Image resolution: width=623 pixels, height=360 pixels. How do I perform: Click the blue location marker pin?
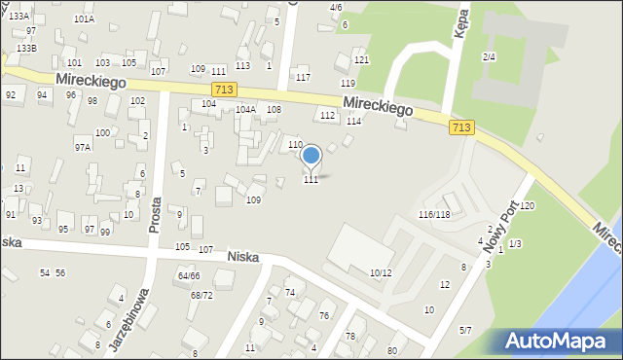(311, 156)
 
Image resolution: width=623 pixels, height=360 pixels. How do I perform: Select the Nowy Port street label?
(497, 219)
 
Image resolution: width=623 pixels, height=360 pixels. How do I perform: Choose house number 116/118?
(434, 214)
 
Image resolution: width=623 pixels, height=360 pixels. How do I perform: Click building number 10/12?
(381, 272)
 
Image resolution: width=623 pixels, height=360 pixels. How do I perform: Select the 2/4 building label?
(490, 57)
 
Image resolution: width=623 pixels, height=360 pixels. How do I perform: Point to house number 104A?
(245, 110)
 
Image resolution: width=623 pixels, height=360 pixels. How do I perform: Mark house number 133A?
(18, 17)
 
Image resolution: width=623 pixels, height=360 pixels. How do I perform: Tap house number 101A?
(84, 18)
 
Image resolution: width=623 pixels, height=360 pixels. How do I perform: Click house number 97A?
(83, 148)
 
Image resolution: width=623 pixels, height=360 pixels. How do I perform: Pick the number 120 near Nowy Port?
(528, 206)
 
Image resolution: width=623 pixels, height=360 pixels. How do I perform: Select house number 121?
(361, 60)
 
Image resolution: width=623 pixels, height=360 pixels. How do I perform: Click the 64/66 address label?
(188, 276)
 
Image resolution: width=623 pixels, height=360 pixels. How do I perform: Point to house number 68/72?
(202, 295)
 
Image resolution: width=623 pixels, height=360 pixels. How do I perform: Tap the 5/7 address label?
(465, 331)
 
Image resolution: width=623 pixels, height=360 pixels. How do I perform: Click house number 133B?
(26, 48)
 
